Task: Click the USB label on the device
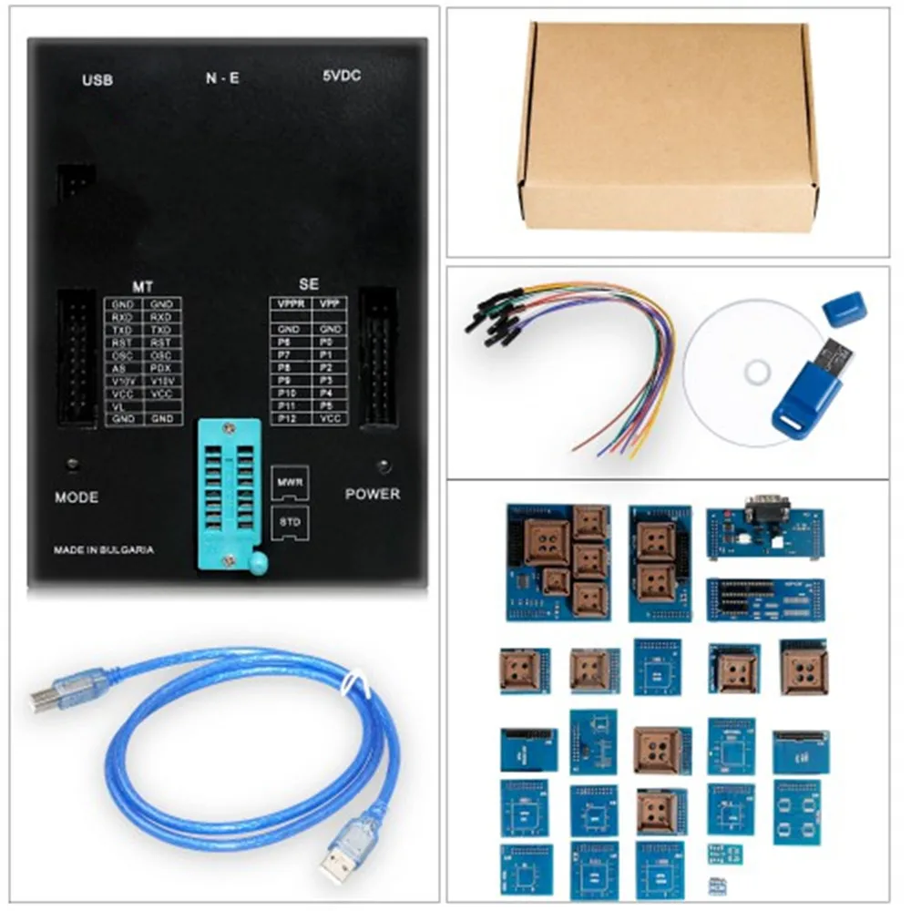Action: click(97, 80)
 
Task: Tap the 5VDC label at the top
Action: click(342, 77)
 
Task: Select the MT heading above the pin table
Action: click(142, 286)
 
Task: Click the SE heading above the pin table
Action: click(309, 285)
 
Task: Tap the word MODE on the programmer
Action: click(77, 497)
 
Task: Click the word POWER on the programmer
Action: click(372, 494)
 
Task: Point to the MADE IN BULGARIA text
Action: click(103, 550)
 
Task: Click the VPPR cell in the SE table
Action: click(289, 303)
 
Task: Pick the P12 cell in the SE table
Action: click(289, 417)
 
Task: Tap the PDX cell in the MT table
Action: click(161, 368)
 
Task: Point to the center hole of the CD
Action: click(755, 372)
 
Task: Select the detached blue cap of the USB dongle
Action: click(844, 308)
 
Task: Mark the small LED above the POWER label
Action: click(384, 466)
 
